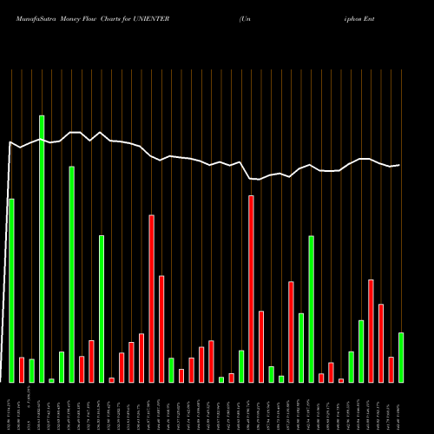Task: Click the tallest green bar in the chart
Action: (x=42, y=248)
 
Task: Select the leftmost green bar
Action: (x=11, y=290)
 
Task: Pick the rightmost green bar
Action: (x=401, y=357)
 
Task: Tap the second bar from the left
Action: (x=22, y=369)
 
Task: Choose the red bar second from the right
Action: (x=381, y=343)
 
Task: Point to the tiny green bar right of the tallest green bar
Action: (x=51, y=380)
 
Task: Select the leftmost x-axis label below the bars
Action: (x=11, y=408)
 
